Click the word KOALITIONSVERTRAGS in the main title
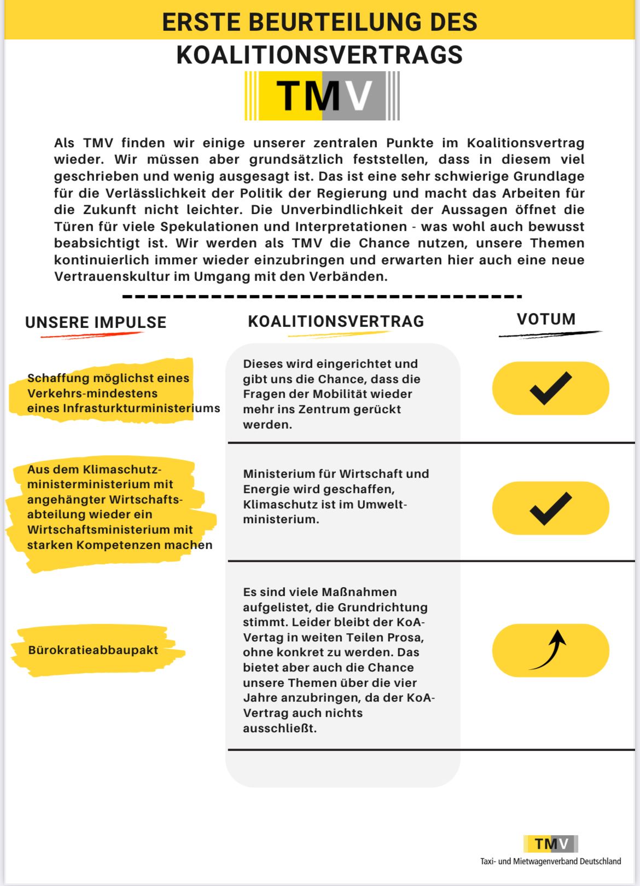[x=319, y=55]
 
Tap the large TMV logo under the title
[x=322, y=96]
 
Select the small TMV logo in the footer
[x=551, y=844]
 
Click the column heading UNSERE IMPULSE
[x=96, y=322]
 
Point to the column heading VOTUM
[x=546, y=319]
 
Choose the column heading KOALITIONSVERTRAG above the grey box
[x=336, y=321]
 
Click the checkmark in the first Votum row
[x=550, y=388]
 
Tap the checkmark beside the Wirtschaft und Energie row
[x=550, y=508]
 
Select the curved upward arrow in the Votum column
[x=550, y=650]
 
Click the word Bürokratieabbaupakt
[x=93, y=650]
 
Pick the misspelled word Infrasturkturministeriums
[x=141, y=408]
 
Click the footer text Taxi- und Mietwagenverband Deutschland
[x=550, y=861]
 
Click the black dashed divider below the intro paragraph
[x=322, y=297]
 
